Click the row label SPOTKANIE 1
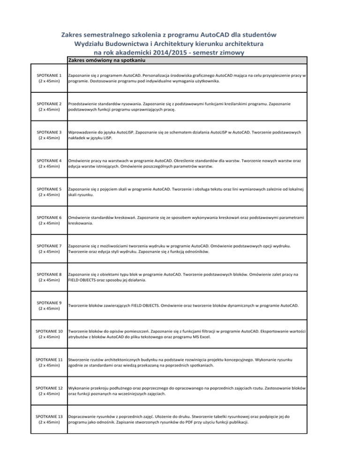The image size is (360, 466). click(x=48, y=75)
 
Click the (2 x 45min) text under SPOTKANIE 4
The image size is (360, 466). click(x=48, y=167)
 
